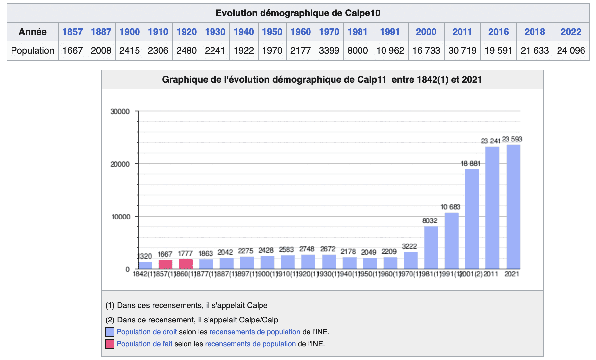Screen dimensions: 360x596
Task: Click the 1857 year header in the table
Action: [72, 32]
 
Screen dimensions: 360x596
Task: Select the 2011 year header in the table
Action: [462, 32]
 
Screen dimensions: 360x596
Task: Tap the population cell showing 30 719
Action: [462, 51]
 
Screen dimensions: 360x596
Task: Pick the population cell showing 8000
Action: [358, 51]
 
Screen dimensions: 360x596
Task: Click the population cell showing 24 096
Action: [571, 51]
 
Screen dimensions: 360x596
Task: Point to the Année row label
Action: [33, 32]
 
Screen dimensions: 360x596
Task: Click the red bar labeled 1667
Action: [165, 264]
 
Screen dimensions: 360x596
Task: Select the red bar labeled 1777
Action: [186, 264]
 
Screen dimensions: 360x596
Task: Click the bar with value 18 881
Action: [472, 219]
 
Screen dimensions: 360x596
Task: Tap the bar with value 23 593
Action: [513, 207]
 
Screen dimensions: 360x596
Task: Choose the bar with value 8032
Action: [431, 247]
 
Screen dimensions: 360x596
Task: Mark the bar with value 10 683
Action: [451, 241]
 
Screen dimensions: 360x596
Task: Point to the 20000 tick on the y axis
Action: [120, 164]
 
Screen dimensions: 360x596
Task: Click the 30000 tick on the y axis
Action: [120, 111]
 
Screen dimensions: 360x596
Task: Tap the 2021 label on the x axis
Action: [512, 274]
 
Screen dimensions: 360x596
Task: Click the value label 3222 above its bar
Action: [410, 246]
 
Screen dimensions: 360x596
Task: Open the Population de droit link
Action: [147, 332]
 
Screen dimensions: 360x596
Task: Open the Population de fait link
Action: [144, 344]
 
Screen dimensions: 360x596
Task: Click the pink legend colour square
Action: [110, 344]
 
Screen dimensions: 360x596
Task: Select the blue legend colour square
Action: [110, 332]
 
